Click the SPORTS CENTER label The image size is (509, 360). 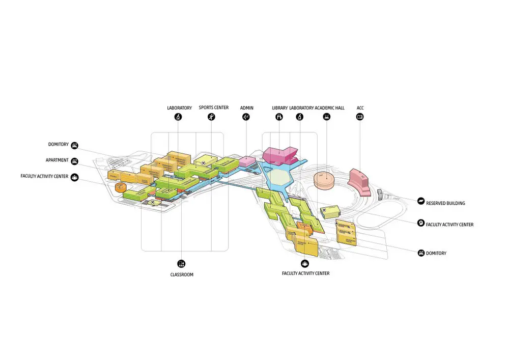[x=214, y=107]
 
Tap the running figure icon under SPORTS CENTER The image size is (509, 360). [x=211, y=117]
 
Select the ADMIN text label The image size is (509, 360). [x=247, y=108]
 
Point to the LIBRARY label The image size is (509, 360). [x=280, y=108]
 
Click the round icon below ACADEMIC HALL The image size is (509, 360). [x=327, y=117]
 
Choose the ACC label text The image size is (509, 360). [x=360, y=108]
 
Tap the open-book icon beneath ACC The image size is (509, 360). [x=360, y=117]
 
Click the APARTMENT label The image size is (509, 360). [x=57, y=160]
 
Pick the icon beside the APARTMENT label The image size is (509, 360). [x=75, y=161]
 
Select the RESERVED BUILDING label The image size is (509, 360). [x=445, y=203]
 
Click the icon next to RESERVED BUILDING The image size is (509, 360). [x=421, y=201]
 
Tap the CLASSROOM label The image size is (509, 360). [x=182, y=274]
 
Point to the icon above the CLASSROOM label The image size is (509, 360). [x=181, y=264]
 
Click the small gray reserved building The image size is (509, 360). [x=380, y=194]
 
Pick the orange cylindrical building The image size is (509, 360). [x=121, y=187]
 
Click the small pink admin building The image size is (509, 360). [x=247, y=161]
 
